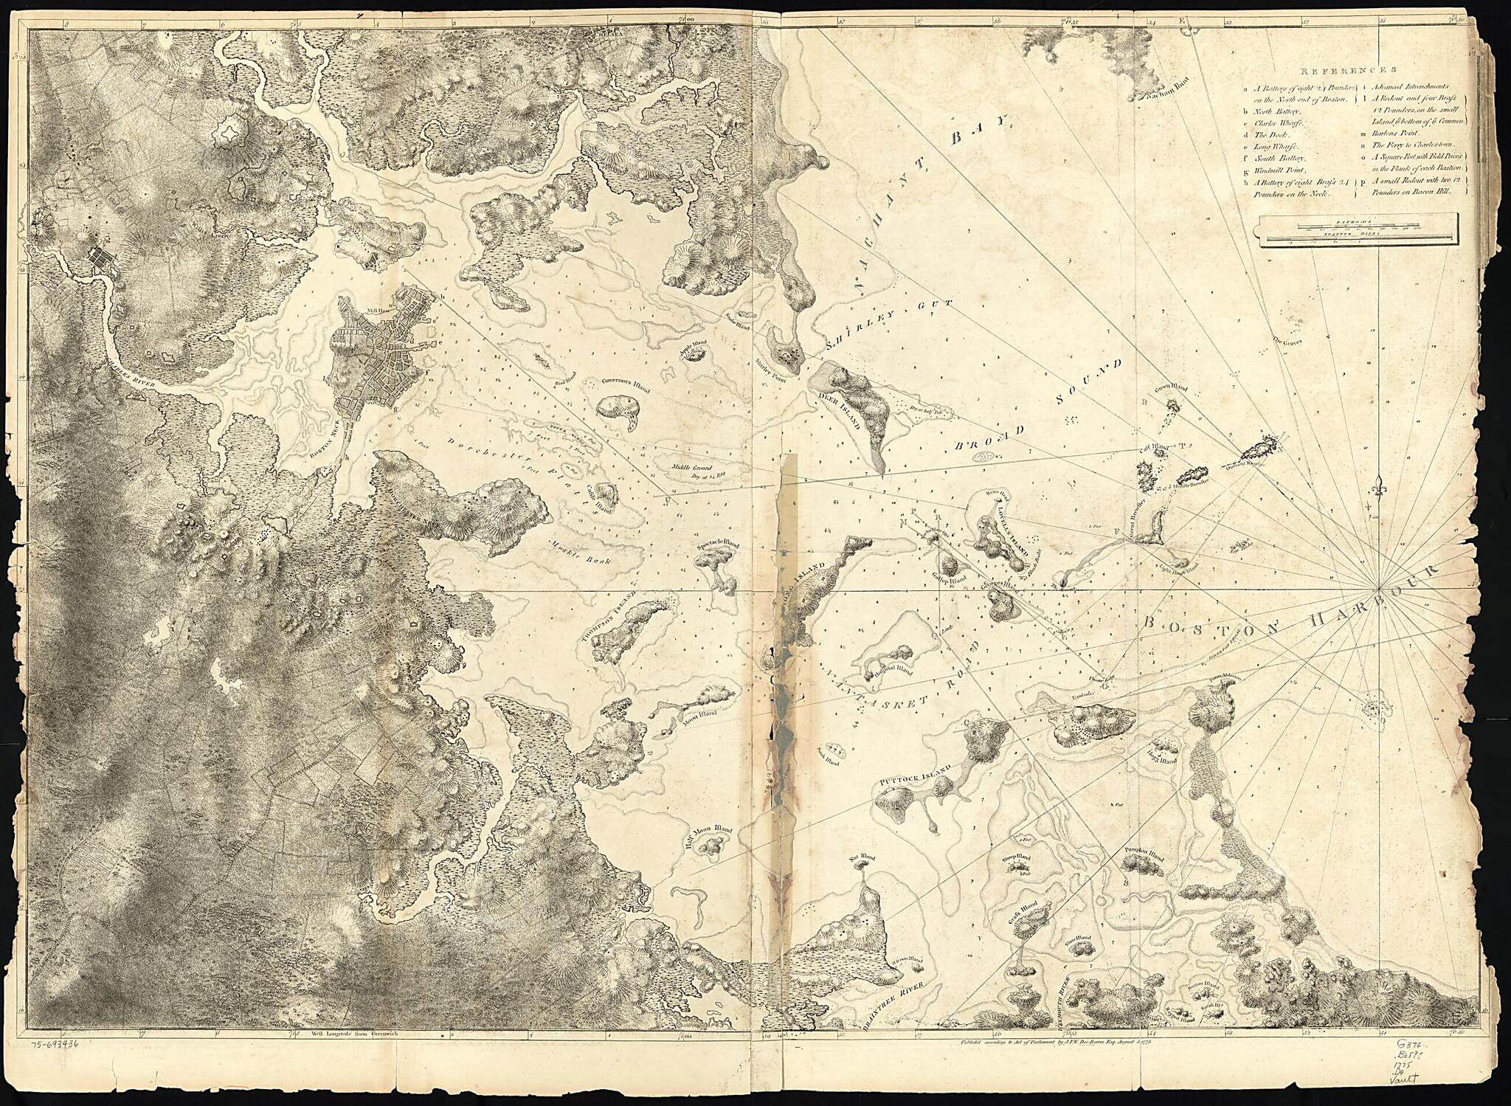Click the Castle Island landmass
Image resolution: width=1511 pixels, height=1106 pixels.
pos(606,492)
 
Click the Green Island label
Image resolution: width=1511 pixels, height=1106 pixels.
pos(1170,387)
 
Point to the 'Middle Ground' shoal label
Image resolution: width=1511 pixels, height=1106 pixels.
pos(691,467)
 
